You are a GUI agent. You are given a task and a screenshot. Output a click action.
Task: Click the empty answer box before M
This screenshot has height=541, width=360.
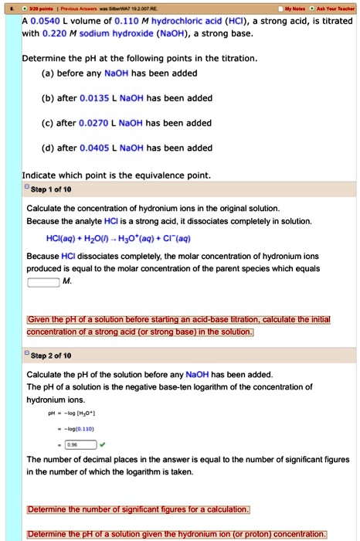coord(44,281)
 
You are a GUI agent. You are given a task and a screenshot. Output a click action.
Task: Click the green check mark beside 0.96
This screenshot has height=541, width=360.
coord(103,444)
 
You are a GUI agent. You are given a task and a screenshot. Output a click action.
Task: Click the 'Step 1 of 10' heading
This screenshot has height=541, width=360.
coord(52,189)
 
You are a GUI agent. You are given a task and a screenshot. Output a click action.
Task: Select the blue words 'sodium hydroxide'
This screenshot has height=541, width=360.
coord(119,33)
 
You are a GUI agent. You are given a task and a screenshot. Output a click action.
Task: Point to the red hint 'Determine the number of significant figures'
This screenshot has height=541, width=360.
coord(138,509)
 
